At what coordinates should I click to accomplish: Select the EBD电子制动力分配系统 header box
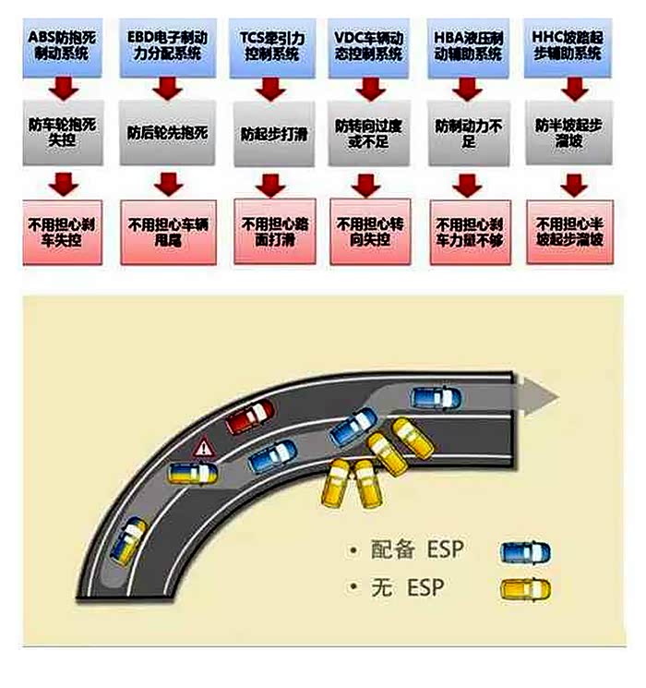pos(167,43)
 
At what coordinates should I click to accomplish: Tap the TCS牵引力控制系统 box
pos(269,43)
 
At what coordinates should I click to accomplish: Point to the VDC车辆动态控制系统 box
pos(369,43)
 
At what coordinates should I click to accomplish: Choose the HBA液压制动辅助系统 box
pos(470,43)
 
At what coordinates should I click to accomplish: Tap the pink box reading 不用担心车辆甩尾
pos(167,232)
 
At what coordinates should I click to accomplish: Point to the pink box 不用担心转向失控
pos(369,232)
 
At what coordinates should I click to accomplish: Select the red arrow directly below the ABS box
pos(64,90)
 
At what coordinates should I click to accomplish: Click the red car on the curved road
pos(252,417)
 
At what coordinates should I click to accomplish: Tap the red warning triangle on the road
pos(202,449)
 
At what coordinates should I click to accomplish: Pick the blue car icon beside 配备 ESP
pos(524,552)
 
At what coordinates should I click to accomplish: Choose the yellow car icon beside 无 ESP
pos(524,588)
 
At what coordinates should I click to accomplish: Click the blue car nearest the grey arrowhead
pos(437,398)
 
